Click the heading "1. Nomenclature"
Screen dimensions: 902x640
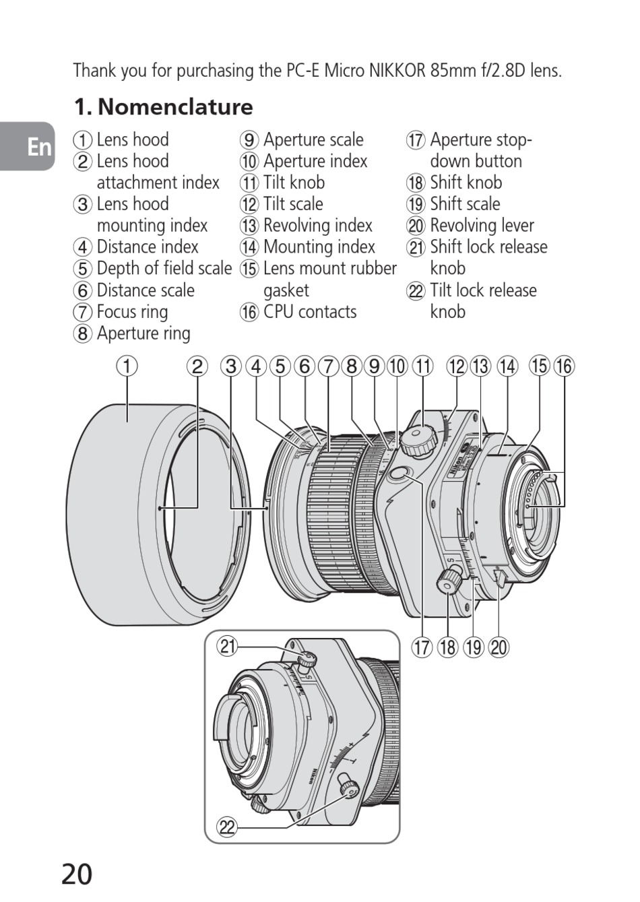[x=164, y=107]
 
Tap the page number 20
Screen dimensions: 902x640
[x=77, y=874]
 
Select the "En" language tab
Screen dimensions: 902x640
[x=39, y=146]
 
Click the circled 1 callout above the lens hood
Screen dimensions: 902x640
[x=126, y=366]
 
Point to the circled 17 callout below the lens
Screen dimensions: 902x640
[x=422, y=648]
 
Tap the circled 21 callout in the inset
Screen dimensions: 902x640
[x=228, y=647]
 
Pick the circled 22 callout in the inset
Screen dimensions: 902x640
[x=228, y=827]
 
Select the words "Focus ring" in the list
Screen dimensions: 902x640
[x=132, y=312]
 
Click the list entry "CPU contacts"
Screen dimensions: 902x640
[x=310, y=312]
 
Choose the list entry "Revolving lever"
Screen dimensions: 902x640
[x=482, y=226]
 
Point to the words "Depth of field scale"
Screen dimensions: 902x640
[x=164, y=269]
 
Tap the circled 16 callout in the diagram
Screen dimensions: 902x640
[x=564, y=366]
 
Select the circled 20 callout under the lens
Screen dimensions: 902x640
[x=499, y=648]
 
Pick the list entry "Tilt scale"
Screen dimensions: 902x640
[x=293, y=204]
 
